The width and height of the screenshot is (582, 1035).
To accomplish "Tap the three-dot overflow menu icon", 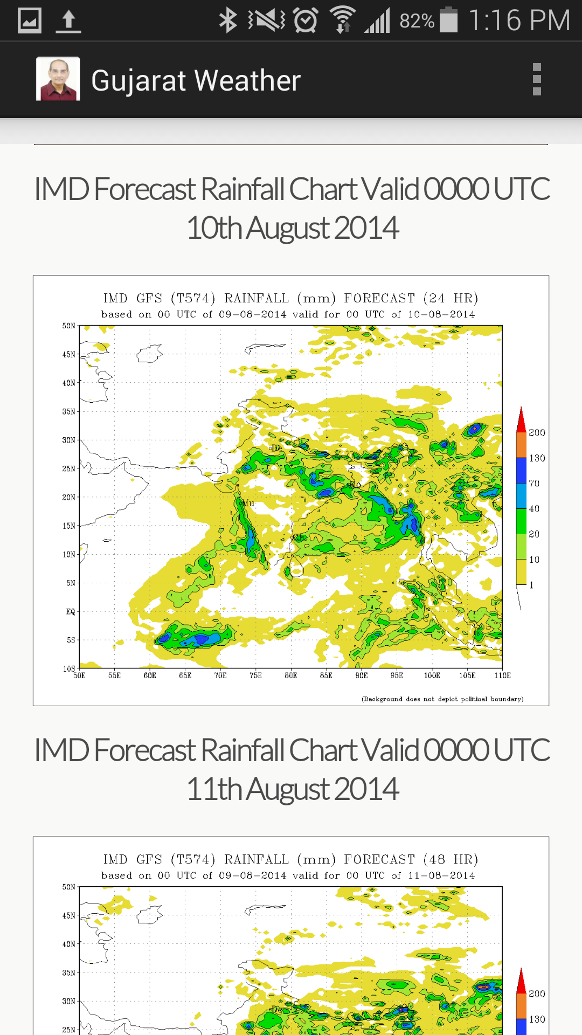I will point(536,79).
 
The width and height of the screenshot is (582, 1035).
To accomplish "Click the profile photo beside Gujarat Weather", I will point(58,79).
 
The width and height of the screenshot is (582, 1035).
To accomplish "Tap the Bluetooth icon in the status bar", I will point(228,20).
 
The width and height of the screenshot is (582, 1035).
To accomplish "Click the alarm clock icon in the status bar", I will point(306,20).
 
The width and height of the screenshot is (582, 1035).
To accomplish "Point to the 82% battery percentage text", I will point(417,21).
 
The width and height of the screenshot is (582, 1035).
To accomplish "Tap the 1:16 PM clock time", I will point(519,20).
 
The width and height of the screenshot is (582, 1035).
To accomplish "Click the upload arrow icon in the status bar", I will point(68,21).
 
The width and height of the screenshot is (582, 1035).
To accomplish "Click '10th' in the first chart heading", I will point(214,228).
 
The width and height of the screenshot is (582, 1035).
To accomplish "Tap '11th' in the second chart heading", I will point(214,789).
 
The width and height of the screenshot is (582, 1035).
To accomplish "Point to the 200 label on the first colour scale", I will point(537,433).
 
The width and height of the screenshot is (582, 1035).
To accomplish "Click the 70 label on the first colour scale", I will point(534,484).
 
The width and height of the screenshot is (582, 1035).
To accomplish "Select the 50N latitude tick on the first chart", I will point(68,326).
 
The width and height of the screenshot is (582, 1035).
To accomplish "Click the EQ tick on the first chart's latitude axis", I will point(71,611).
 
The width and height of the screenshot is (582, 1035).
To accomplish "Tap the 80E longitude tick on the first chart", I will point(291,675).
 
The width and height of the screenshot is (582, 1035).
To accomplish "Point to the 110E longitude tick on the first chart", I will point(502,675).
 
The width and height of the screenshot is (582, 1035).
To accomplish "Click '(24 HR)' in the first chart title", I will point(451,298).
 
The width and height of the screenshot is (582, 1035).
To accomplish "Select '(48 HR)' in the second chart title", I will point(451,859).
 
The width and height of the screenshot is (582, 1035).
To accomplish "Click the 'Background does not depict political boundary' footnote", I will point(442,699).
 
